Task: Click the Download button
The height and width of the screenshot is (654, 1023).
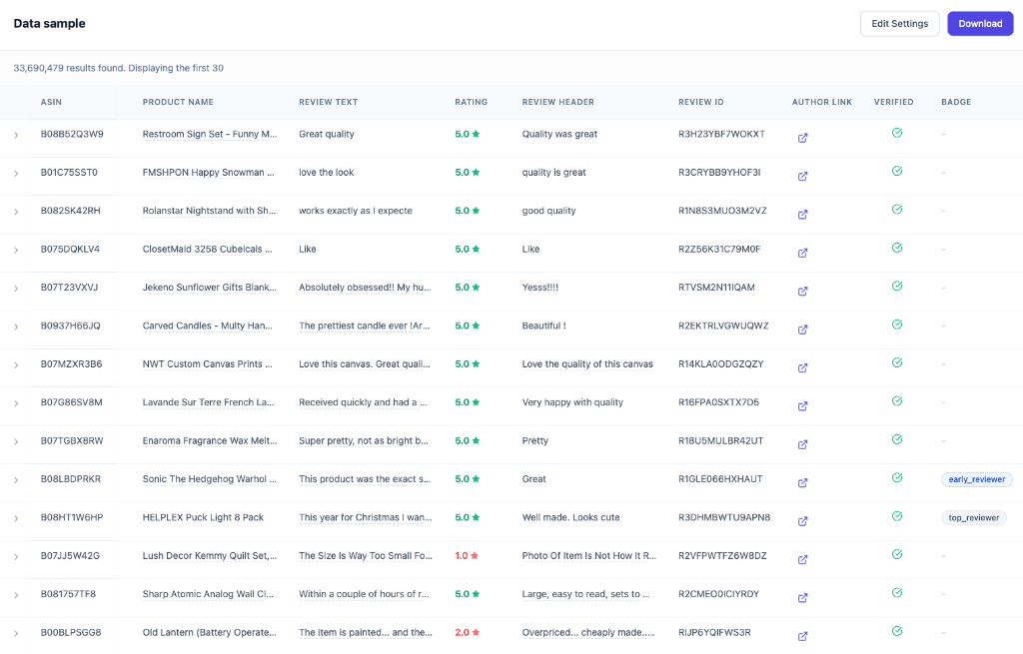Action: [979, 24]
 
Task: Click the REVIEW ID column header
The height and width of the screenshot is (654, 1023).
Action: [700, 102]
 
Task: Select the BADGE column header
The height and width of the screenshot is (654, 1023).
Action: [955, 102]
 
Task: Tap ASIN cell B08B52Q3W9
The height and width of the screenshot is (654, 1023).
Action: [72, 134]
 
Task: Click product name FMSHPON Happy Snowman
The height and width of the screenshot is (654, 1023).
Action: [209, 173]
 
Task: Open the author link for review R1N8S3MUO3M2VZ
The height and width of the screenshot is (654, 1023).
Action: [802, 215]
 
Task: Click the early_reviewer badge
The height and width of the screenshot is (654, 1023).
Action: [976, 479]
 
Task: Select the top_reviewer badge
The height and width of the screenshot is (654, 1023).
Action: [973, 518]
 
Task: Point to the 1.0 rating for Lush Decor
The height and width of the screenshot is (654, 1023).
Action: [467, 556]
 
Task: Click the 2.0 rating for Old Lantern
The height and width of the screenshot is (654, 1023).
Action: [467, 633]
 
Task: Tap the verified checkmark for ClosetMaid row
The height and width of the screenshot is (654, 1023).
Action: [896, 248]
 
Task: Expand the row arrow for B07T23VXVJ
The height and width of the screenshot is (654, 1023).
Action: [16, 289]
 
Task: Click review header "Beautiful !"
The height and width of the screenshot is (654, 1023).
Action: [543, 326]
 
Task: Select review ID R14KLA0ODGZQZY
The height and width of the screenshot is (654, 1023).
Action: [720, 364]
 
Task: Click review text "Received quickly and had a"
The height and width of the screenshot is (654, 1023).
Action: [363, 402]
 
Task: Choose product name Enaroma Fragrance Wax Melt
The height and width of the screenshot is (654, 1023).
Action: [209, 441]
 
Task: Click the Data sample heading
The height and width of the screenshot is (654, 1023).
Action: [50, 24]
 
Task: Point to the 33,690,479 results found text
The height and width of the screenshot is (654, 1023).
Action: [118, 68]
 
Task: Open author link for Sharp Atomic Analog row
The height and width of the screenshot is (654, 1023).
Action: [802, 598]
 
